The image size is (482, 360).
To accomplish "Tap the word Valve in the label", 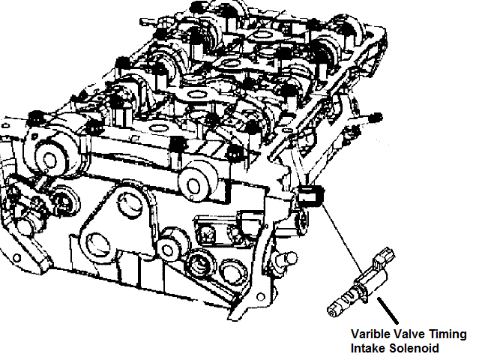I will [x=411, y=334].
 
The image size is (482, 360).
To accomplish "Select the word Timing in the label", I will [x=448, y=334].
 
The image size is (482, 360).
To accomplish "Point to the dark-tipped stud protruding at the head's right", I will [x=377, y=118].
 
